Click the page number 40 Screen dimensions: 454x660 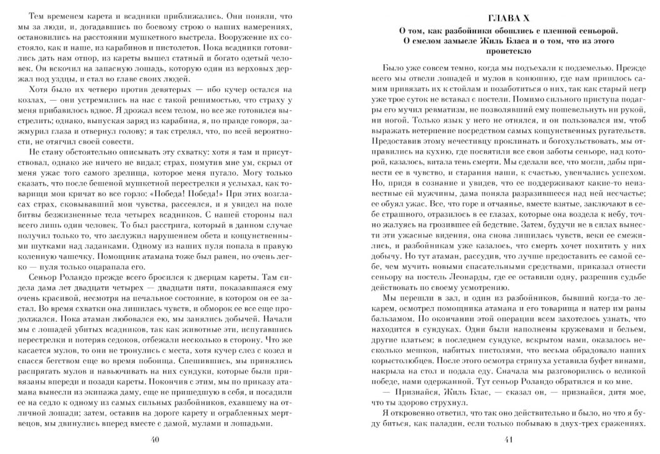156,440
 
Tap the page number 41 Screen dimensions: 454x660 508,440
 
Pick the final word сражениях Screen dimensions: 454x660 622,423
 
